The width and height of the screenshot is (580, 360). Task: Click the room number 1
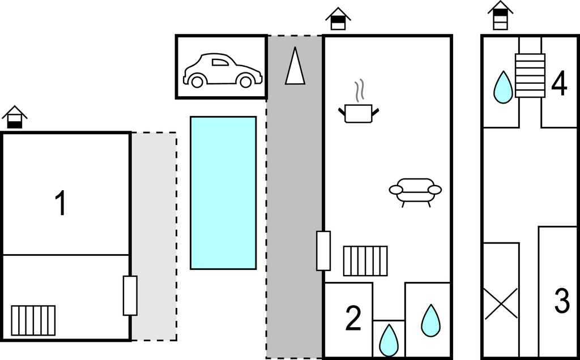click(61, 203)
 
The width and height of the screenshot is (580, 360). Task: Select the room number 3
click(562, 301)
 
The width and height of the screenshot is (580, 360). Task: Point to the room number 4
click(559, 84)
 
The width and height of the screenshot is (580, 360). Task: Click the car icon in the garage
click(223, 70)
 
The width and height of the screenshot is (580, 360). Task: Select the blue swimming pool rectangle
click(223, 193)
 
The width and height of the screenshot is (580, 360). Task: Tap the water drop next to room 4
click(503, 87)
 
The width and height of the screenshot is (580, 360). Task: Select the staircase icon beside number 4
click(530, 75)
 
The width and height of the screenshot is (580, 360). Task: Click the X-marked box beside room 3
click(501, 304)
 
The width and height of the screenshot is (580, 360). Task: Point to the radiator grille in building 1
click(33, 320)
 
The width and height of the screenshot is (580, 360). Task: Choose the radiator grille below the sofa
click(365, 261)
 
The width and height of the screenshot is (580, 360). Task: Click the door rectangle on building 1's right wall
click(130, 295)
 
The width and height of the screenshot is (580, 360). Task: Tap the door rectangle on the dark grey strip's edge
click(323, 251)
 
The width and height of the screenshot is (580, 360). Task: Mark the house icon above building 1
click(15, 117)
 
